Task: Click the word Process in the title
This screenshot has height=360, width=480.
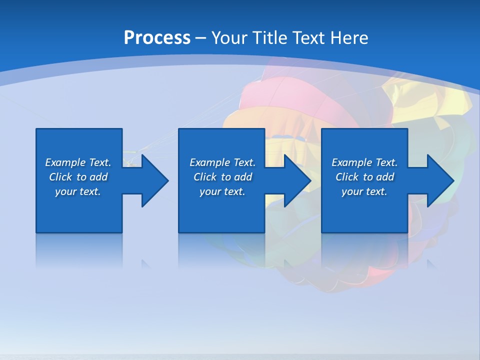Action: (157, 38)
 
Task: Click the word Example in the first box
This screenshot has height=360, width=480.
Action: (65, 162)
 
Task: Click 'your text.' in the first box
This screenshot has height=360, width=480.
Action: (78, 191)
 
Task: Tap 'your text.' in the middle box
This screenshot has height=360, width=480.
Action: (222, 191)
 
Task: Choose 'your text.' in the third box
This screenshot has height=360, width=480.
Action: (364, 191)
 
